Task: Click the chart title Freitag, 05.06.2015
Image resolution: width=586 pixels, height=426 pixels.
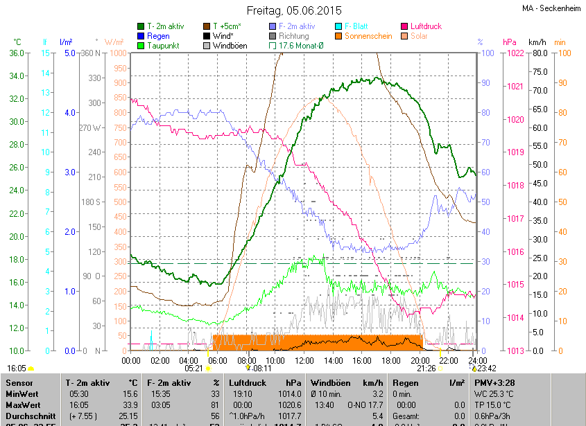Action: pos(295,10)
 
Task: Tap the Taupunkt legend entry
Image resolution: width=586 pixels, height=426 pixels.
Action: pos(164,46)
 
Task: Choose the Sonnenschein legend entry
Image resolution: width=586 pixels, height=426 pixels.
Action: pos(368,36)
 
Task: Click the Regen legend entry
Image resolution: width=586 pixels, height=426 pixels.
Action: pos(158,36)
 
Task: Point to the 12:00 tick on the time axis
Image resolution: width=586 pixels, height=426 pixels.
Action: pos(304,361)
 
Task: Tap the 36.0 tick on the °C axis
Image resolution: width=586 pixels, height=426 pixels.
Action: pos(17,53)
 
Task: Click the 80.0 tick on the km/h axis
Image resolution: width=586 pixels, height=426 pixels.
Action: pos(538,53)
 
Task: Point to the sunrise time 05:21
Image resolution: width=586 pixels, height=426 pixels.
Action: pos(193,369)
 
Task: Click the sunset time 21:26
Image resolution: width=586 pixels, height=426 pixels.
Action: pos(425,369)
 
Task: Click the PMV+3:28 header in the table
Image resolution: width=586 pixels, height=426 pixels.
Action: pos(495,382)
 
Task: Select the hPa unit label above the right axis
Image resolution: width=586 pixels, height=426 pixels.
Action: pos(510,42)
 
